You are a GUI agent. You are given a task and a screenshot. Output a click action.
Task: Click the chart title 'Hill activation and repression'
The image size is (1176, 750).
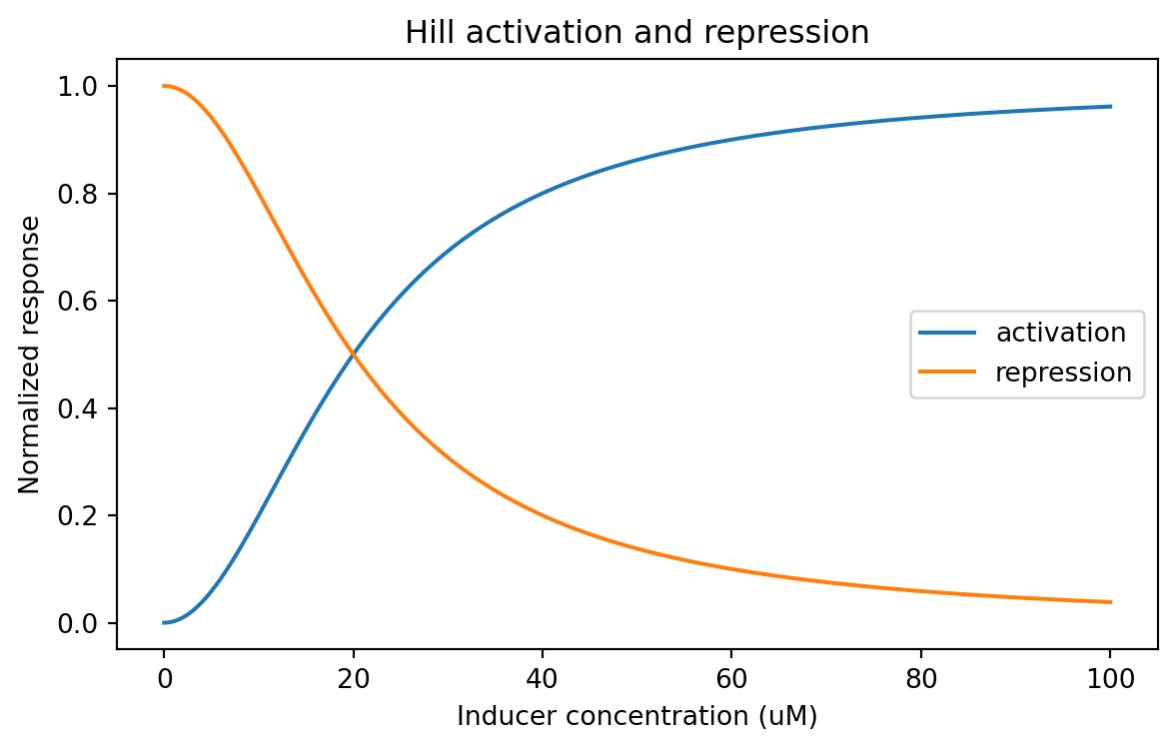point(636,33)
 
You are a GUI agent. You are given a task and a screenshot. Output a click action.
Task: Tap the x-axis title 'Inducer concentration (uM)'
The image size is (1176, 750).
point(636,716)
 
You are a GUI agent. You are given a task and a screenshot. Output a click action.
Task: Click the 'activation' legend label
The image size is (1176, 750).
point(1061,332)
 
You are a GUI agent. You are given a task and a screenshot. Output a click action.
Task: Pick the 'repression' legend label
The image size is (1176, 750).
point(1063,373)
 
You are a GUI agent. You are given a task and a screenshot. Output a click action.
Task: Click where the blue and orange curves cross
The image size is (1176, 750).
point(353,355)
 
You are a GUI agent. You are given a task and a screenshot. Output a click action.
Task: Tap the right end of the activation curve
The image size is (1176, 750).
point(1110,107)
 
